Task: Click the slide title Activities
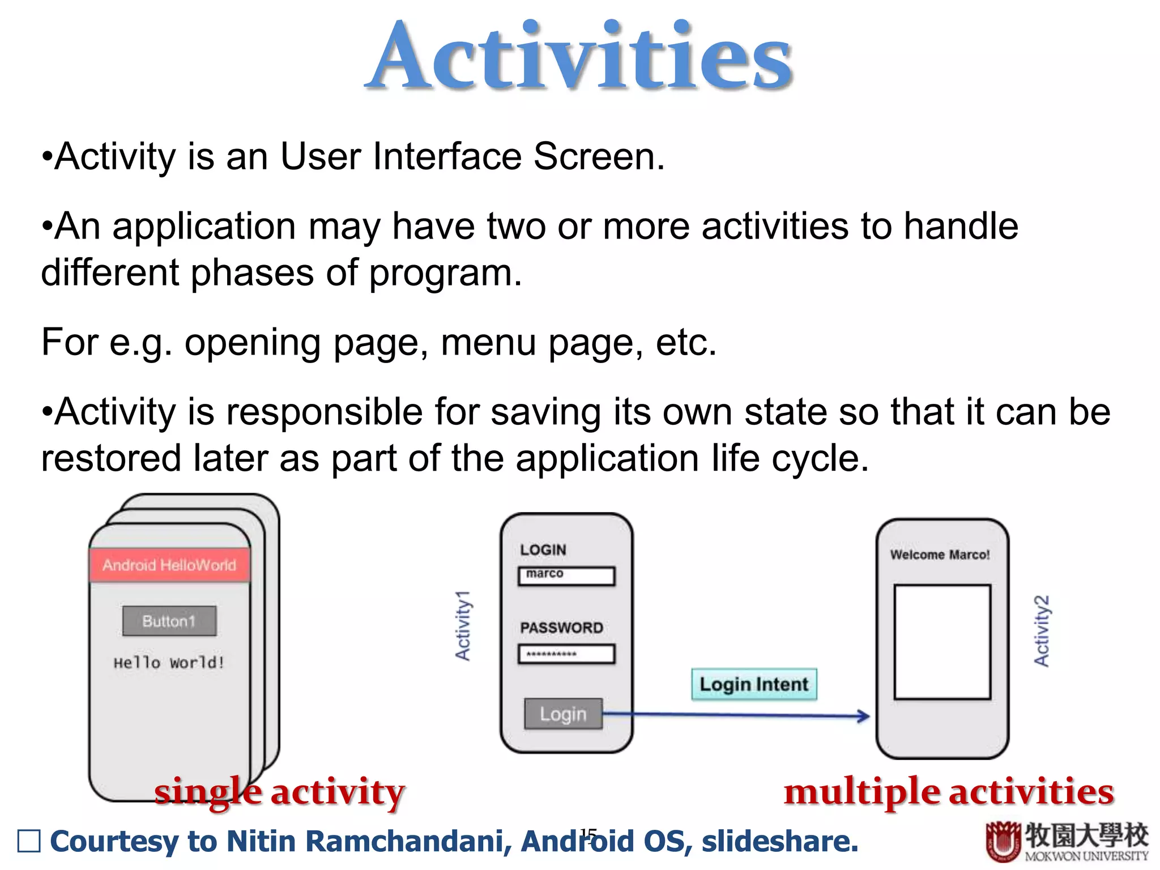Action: [580, 57]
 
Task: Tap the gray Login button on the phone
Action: [563, 714]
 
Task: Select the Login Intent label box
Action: [754, 684]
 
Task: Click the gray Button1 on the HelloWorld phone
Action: [169, 621]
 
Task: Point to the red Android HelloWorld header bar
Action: [169, 565]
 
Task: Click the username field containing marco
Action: [566, 576]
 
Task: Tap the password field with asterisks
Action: [566, 654]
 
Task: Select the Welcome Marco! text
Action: [940, 555]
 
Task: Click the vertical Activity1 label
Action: [463, 625]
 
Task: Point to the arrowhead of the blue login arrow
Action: [864, 716]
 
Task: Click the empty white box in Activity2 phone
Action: [942, 642]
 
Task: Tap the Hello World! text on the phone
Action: [169, 662]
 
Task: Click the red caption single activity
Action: [280, 792]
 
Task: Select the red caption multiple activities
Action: [949, 792]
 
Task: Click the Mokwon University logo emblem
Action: [1003, 841]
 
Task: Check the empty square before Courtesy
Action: [29, 841]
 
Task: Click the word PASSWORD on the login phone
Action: [561, 628]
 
